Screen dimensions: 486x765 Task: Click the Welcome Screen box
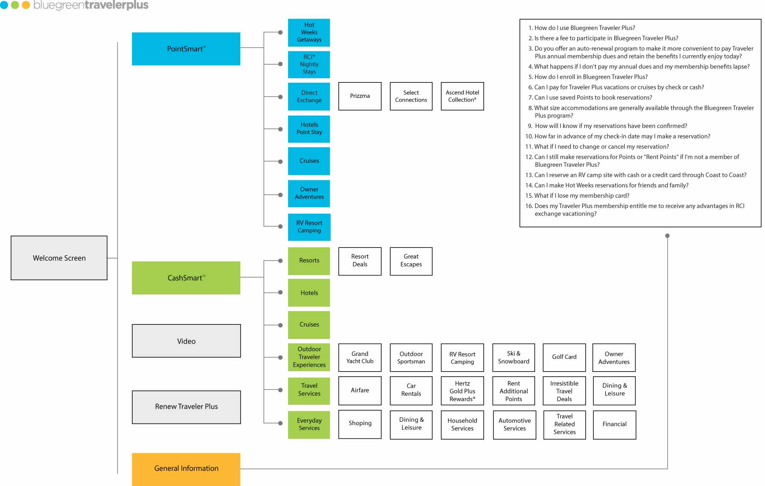(59, 258)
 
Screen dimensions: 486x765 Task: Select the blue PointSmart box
(186, 49)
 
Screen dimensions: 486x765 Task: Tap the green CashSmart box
(186, 278)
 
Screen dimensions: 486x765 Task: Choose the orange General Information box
(186, 469)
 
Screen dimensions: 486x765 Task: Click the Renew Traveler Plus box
(186, 407)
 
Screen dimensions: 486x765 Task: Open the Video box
(186, 341)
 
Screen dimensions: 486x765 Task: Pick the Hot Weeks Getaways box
(309, 33)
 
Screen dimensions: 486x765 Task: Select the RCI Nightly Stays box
(309, 65)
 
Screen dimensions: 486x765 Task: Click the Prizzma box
(360, 96)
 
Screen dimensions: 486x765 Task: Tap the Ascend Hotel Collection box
(462, 96)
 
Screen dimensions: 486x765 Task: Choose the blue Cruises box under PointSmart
(309, 161)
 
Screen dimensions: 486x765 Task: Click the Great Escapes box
(411, 261)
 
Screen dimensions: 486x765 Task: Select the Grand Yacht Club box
(360, 358)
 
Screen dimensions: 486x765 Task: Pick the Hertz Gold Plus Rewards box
(462, 391)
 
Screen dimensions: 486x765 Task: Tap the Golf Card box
(564, 357)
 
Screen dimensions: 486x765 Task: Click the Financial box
(614, 424)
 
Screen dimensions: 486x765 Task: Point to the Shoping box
(360, 423)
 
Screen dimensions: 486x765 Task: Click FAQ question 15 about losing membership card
(581, 196)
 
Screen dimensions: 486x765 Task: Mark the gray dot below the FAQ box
(667, 236)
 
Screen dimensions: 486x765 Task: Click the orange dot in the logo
(25, 5)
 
